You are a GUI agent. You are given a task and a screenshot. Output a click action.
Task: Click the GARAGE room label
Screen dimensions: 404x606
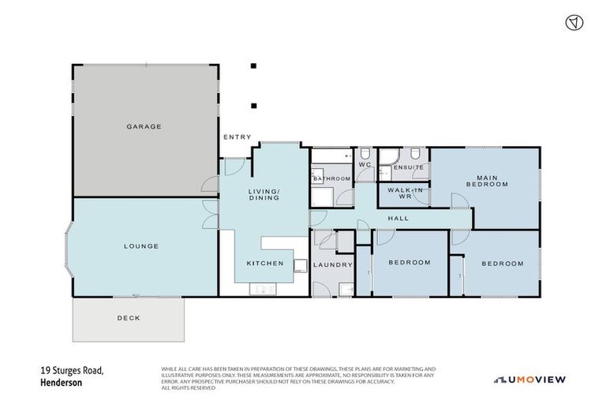pyautogui.click(x=144, y=126)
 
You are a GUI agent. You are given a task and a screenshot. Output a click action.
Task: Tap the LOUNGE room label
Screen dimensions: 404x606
pyautogui.click(x=141, y=246)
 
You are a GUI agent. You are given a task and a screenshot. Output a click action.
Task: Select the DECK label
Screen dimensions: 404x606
pyautogui.click(x=128, y=319)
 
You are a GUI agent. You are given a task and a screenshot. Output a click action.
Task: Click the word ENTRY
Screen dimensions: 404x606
pyautogui.click(x=237, y=137)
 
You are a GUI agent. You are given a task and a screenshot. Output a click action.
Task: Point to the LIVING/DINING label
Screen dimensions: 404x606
pyautogui.click(x=264, y=194)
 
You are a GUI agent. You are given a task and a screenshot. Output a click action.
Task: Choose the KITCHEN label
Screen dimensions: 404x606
pyautogui.click(x=264, y=264)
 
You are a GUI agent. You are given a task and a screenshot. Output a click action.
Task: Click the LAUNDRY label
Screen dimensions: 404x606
pyautogui.click(x=332, y=264)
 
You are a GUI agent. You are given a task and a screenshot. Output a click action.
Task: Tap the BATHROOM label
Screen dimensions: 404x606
pyautogui.click(x=331, y=179)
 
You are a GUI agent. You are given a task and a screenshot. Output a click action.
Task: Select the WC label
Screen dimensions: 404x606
pyautogui.click(x=365, y=165)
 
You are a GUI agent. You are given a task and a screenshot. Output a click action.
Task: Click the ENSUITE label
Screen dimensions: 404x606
pyautogui.click(x=409, y=167)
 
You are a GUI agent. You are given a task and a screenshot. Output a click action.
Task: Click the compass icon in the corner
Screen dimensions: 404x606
pyautogui.click(x=574, y=22)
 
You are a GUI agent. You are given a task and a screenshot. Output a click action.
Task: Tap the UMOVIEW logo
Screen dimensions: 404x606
pyautogui.click(x=530, y=380)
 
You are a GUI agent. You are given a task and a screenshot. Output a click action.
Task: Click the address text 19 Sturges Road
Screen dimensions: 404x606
pyautogui.click(x=72, y=370)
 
